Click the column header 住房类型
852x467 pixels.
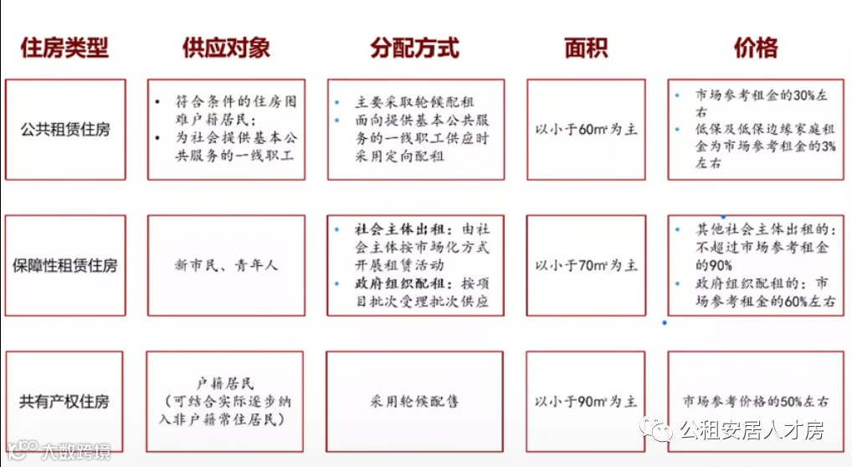click(64, 48)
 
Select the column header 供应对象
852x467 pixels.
click(226, 48)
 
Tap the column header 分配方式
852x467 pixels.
click(415, 48)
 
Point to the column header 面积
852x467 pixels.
click(586, 48)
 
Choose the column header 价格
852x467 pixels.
click(755, 48)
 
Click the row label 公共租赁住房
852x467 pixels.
click(65, 130)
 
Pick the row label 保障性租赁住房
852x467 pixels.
click(65, 265)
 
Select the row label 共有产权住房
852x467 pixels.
click(65, 402)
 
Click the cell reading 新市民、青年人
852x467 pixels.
click(227, 265)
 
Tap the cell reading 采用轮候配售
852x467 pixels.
click(415, 402)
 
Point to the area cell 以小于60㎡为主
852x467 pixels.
click(586, 130)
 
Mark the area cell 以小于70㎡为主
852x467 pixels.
click(586, 265)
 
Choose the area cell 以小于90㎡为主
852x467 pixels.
click(586, 402)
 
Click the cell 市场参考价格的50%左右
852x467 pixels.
click(756, 402)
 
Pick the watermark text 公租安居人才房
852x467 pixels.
click(752, 430)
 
